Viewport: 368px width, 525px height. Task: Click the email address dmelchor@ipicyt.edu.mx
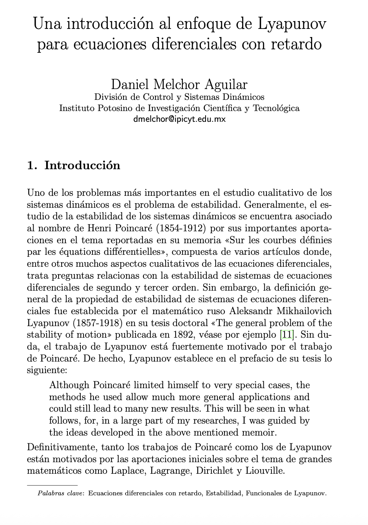[179, 119]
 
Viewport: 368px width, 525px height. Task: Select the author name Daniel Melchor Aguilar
[179, 84]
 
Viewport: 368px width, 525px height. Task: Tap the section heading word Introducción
[82, 165]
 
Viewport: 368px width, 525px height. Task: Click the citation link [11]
[287, 335]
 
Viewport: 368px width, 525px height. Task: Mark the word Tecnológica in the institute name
[276, 108]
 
